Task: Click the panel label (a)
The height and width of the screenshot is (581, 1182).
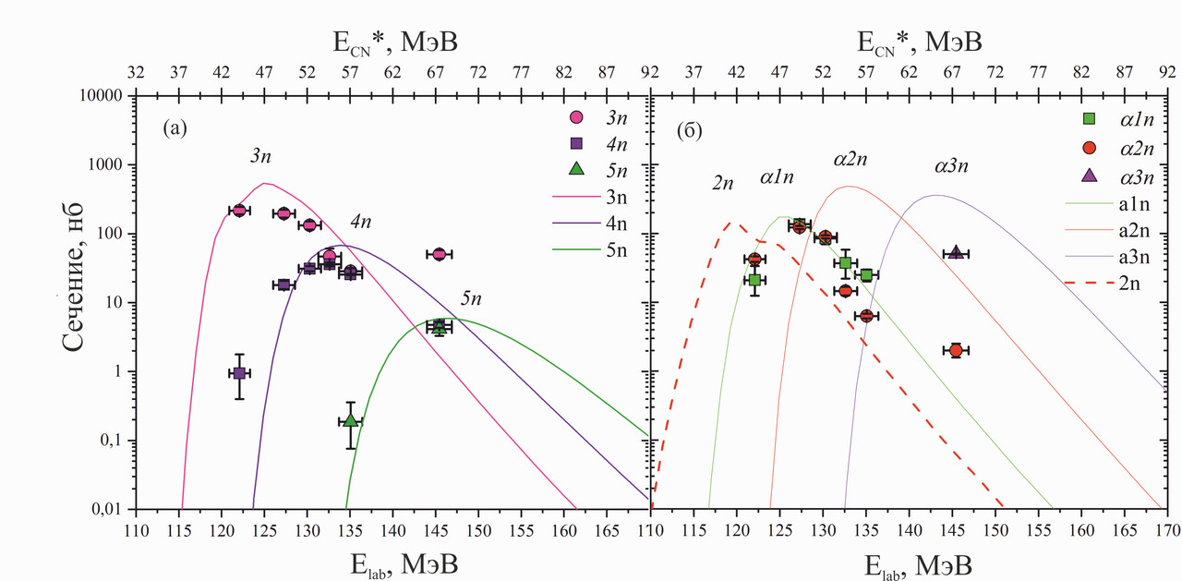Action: [175, 129]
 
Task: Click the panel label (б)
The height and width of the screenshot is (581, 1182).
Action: [690, 129]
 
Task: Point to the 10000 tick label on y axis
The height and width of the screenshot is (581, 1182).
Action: [103, 96]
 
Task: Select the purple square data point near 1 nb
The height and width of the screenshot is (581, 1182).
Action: [239, 373]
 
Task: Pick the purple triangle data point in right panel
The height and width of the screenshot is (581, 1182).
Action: [956, 253]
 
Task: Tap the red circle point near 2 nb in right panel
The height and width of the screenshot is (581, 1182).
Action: [956, 350]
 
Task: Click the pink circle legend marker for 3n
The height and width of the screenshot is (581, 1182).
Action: [576, 117]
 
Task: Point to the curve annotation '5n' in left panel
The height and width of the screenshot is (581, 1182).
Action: [472, 297]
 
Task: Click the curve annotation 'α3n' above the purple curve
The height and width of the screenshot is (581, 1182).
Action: [950, 166]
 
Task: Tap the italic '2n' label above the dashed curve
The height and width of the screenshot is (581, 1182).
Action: [723, 183]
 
